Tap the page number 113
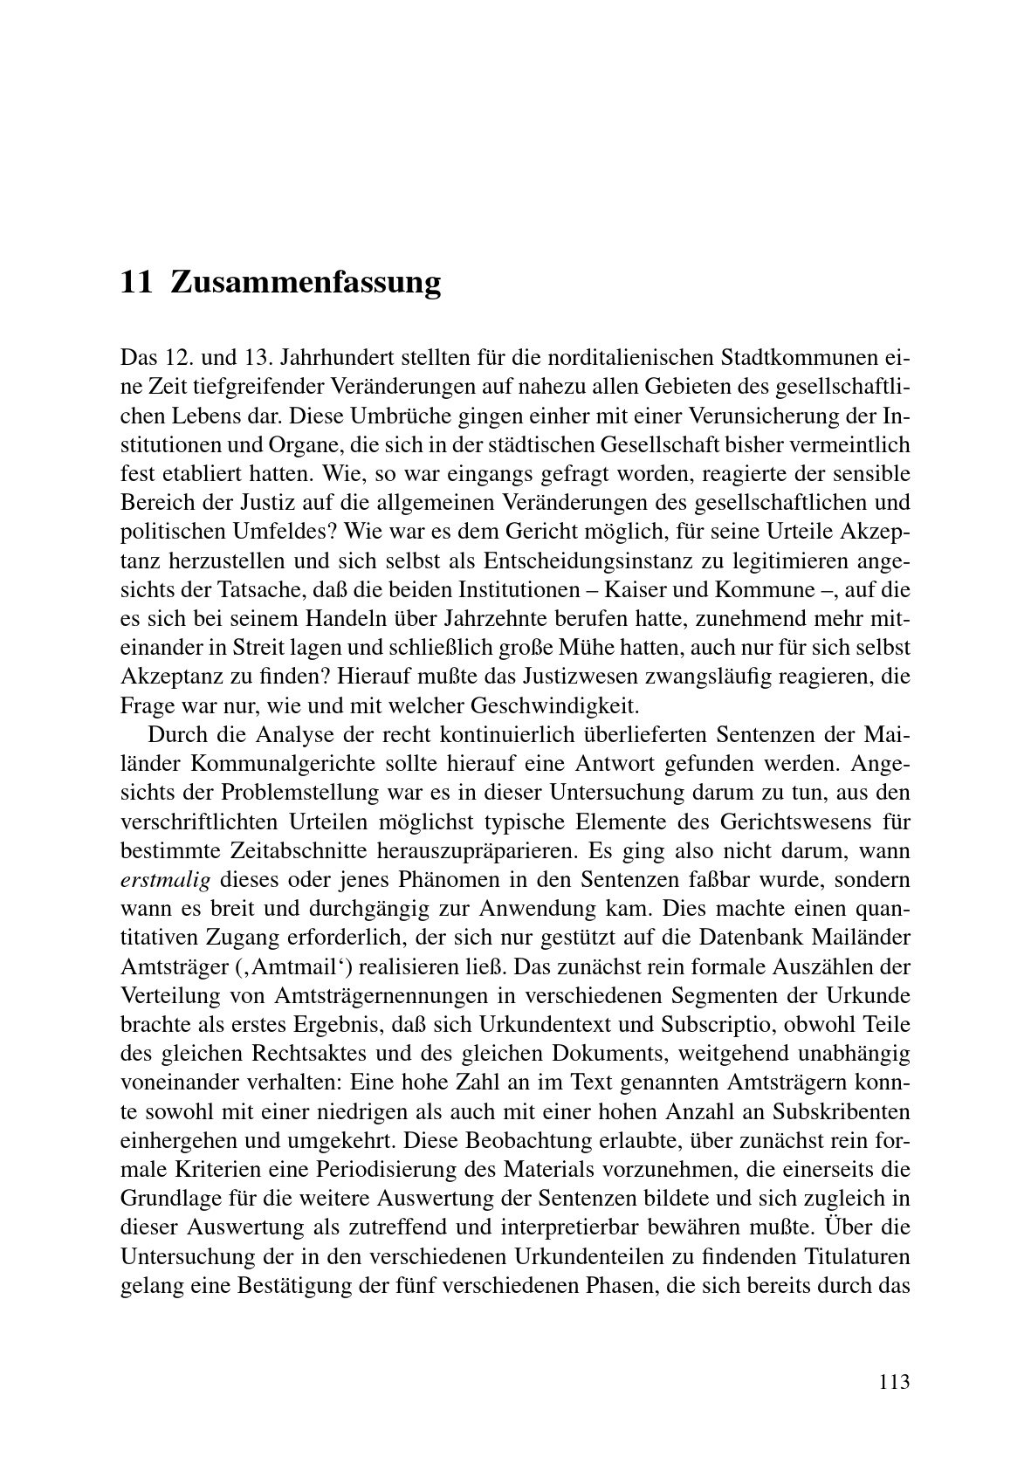(894, 1382)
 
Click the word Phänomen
(444, 880)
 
